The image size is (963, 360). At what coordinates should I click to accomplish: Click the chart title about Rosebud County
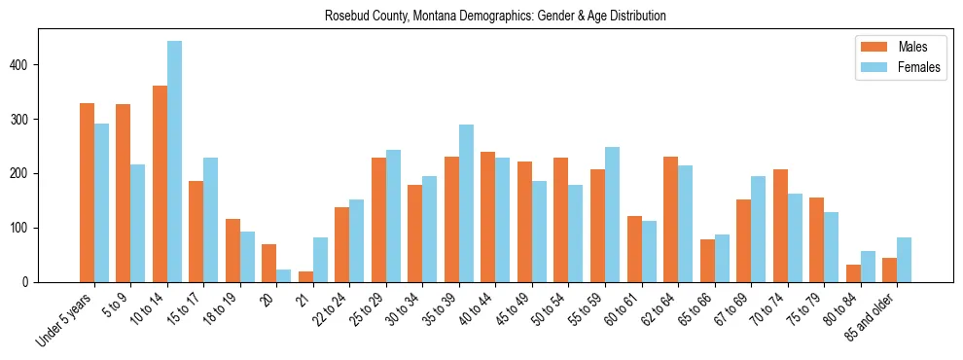481,16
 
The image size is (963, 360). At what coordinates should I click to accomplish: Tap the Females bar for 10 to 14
174,162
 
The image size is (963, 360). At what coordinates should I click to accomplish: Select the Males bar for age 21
305,276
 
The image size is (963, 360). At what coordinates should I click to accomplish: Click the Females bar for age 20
284,275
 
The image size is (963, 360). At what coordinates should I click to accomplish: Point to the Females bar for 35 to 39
466,203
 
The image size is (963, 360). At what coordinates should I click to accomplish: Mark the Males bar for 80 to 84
853,273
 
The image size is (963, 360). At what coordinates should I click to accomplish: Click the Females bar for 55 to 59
612,214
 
